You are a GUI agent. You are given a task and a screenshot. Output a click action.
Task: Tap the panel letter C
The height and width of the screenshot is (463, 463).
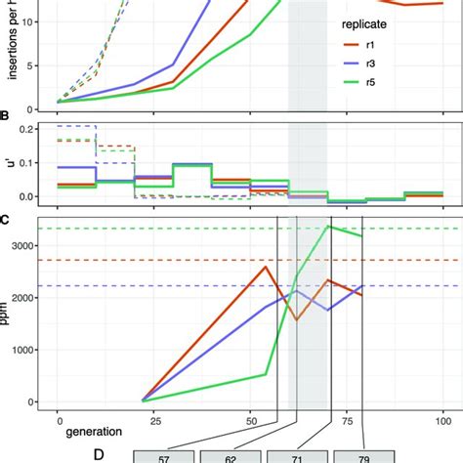pyautogui.click(x=7, y=219)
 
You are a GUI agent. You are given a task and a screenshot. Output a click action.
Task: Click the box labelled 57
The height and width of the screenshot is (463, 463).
pyautogui.click(x=161, y=457)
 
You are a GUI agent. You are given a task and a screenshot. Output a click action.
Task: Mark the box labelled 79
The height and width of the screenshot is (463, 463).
pyautogui.click(x=362, y=457)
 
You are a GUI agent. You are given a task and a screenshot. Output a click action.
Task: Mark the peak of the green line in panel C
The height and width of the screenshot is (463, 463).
pyautogui.click(x=329, y=227)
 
